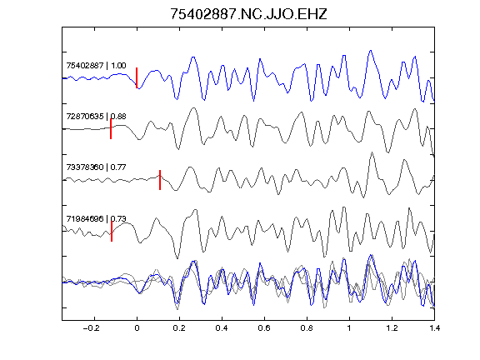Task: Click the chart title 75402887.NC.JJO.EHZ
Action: coord(248,14)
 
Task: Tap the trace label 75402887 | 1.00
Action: coord(96,66)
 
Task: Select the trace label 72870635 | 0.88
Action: coord(96,117)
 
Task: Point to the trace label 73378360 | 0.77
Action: coord(96,167)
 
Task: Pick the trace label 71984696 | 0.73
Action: coord(96,218)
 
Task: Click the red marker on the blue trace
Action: coord(137,77)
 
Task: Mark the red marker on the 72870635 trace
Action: coord(111,129)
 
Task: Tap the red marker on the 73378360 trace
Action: coord(160,180)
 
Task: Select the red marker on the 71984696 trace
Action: coord(112,232)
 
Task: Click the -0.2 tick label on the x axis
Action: coord(92,328)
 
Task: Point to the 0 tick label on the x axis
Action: coord(137,328)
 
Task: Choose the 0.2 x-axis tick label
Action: coord(179,328)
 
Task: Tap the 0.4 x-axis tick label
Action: coord(222,328)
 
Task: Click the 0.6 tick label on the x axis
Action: coord(264,328)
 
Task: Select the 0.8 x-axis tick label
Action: coord(307,328)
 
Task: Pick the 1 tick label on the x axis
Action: coord(349,328)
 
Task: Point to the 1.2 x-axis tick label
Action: coord(392,328)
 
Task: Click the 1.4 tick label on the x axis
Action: coord(434,328)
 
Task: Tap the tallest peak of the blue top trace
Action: coord(371,51)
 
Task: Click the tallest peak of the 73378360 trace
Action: coord(372,152)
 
